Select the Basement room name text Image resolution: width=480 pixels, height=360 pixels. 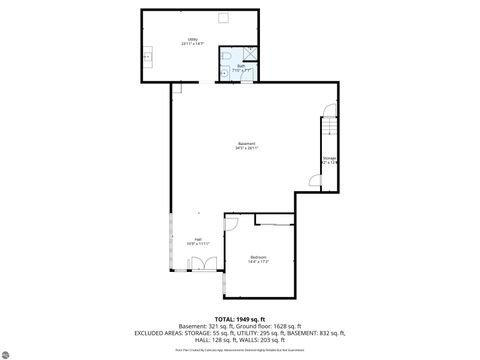(246, 145)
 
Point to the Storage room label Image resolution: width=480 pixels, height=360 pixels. (329, 158)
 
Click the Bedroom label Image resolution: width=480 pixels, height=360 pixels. (258, 259)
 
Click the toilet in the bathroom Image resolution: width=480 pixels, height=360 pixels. (228, 57)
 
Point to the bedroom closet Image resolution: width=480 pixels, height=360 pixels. (275, 219)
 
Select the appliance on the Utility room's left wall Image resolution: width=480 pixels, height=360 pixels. (147, 57)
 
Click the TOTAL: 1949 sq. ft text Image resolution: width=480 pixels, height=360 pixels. (240, 318)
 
